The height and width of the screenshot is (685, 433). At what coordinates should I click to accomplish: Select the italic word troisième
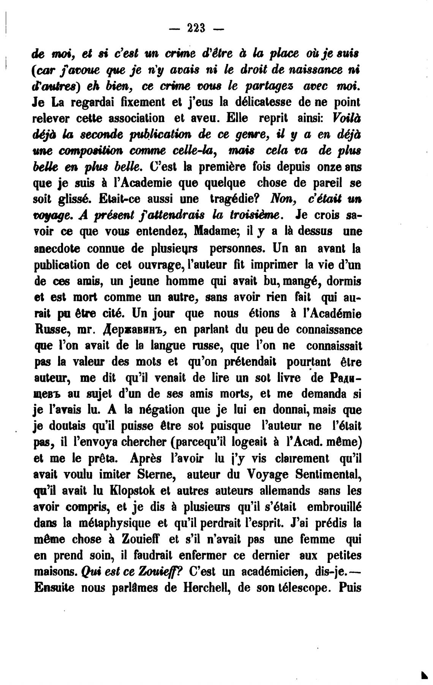[253, 216]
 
